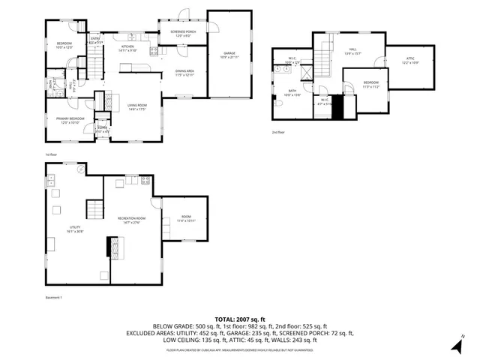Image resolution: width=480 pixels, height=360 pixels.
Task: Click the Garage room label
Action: click(229, 55)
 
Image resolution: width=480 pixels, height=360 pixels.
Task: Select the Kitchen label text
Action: click(128, 49)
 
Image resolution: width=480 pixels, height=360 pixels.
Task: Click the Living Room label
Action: click(136, 107)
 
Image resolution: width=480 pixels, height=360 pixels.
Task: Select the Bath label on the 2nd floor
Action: click(291, 93)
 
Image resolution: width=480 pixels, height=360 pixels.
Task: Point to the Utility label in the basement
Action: click(76, 229)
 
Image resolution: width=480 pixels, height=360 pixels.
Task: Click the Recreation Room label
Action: click(130, 220)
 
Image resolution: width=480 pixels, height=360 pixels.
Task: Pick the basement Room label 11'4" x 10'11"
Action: click(185, 219)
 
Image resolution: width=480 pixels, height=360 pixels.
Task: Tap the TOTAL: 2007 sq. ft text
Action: click(240, 318)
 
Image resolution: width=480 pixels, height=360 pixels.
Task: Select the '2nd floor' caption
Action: click(278, 132)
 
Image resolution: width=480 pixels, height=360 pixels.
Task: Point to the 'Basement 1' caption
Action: click(54, 298)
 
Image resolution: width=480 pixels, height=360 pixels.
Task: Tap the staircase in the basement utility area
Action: click(93, 209)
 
